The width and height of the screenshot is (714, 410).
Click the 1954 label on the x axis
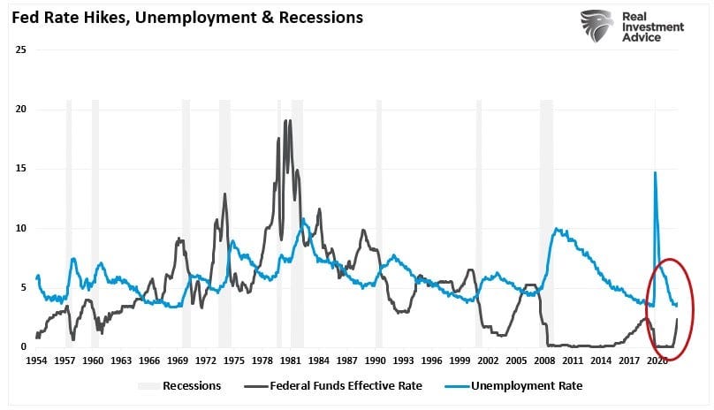[x=36, y=361]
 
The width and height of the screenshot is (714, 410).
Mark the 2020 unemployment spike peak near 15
[x=655, y=172]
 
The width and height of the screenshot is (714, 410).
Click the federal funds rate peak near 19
[x=286, y=121]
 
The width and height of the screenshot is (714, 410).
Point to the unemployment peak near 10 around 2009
[x=556, y=229]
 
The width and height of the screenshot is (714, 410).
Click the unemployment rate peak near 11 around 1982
[x=302, y=218]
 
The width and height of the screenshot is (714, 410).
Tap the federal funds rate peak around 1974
[x=224, y=194]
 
